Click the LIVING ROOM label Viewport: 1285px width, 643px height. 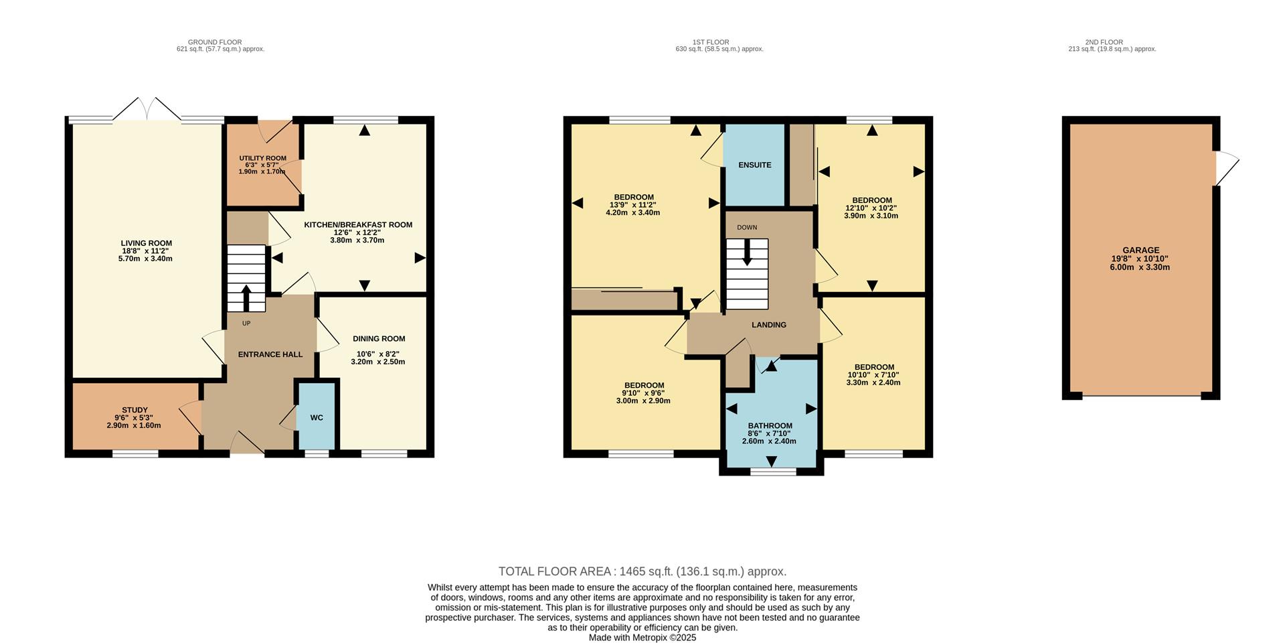(x=146, y=243)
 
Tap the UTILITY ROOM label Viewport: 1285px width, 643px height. (x=262, y=159)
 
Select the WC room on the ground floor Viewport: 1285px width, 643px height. (x=317, y=417)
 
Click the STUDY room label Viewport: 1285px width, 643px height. (x=135, y=410)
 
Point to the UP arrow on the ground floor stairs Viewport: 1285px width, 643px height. (x=246, y=298)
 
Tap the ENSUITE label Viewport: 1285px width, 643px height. (x=754, y=165)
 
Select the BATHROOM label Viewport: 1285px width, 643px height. (x=770, y=425)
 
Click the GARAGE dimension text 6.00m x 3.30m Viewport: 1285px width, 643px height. (x=1139, y=267)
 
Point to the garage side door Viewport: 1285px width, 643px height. (x=1226, y=167)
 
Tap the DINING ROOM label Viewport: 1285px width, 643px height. (x=379, y=339)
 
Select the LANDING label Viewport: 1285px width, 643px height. (x=768, y=325)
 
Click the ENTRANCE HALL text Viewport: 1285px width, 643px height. (x=270, y=354)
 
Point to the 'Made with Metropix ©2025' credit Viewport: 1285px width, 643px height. (x=642, y=638)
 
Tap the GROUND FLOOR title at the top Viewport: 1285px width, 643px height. (x=215, y=42)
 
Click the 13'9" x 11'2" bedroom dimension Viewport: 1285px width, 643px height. (x=632, y=205)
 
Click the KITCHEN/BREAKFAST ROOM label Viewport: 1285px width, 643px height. (x=358, y=225)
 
